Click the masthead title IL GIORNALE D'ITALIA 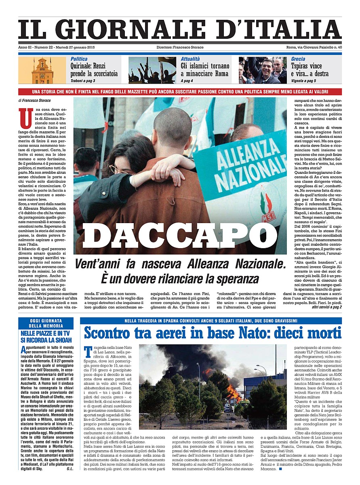coord(180,30)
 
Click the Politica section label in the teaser coord(79,59)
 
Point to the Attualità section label coord(190,59)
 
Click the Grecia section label coord(298,59)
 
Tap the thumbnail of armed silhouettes coord(152,70)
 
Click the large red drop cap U coord(26,118)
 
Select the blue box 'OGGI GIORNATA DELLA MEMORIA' coord(46,323)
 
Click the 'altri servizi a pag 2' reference coord(326,307)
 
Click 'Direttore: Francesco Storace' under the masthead coord(180,48)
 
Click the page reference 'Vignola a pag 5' coord(303,81)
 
